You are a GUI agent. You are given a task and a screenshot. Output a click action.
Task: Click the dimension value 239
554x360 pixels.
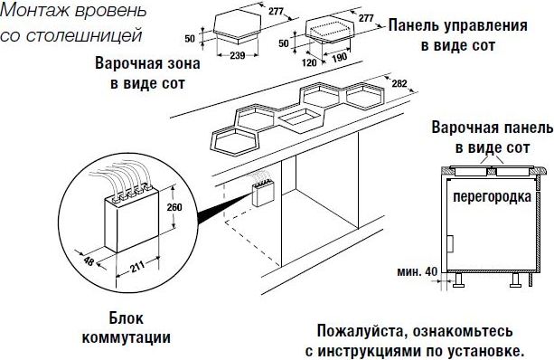pyautogui.click(x=237, y=55)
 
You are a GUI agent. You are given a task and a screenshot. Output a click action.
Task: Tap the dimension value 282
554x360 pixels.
pyautogui.click(x=399, y=84)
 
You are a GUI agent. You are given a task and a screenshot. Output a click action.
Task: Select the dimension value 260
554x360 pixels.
pyautogui.click(x=174, y=207)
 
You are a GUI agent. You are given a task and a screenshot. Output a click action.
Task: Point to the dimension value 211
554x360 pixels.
pyautogui.click(x=137, y=266)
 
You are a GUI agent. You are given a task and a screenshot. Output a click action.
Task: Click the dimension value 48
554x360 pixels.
pyautogui.click(x=89, y=261)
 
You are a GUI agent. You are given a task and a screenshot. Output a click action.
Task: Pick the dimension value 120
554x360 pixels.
pyautogui.click(x=309, y=63)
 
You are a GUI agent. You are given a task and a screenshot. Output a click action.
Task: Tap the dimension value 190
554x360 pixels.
pyautogui.click(x=339, y=57)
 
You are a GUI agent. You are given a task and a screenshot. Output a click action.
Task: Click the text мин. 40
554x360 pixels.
pyautogui.click(x=417, y=271)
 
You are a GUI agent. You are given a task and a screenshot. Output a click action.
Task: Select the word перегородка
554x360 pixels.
pyautogui.click(x=493, y=197)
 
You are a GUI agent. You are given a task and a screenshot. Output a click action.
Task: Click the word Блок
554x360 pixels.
pyautogui.click(x=127, y=318)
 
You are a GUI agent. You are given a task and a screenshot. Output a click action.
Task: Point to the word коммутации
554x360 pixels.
pyautogui.click(x=127, y=337)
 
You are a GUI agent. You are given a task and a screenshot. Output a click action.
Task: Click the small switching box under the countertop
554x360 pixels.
pyautogui.click(x=263, y=193)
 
